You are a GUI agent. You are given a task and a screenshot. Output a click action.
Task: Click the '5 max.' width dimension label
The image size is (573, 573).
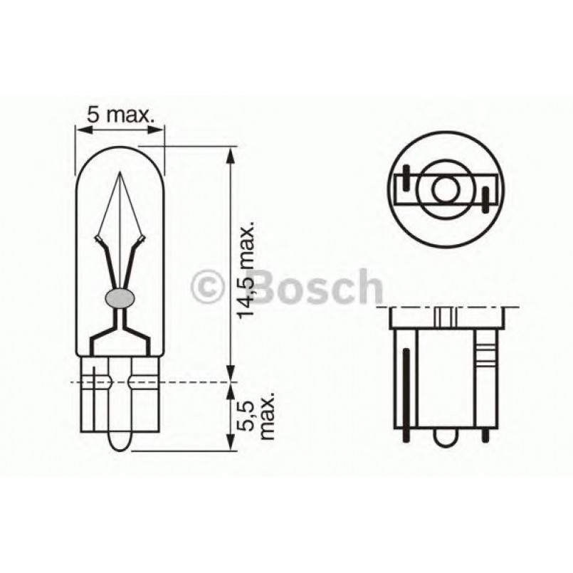pos(120,114)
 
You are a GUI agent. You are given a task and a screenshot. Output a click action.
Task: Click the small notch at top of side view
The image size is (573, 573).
pos(446,316)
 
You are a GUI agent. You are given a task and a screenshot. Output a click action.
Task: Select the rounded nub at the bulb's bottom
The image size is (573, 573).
pos(120,441)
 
